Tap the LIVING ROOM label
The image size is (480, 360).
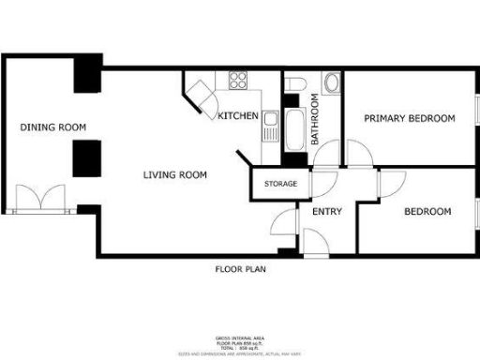click(174, 175)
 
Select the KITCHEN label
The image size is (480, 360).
click(237, 116)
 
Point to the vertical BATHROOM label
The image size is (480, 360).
click(316, 123)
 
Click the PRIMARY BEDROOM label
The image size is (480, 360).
click(409, 119)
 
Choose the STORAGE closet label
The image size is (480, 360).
click(280, 184)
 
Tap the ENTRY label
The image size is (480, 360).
click(326, 212)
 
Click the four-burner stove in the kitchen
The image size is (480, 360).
click(236, 80)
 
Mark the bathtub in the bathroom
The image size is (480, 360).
click(294, 129)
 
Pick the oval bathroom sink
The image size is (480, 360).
click(332, 84)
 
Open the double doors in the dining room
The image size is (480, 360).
click(39, 199)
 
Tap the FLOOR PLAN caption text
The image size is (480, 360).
click(240, 270)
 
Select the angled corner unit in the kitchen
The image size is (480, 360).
click(201, 95)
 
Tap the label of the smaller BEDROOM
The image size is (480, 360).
click(427, 212)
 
